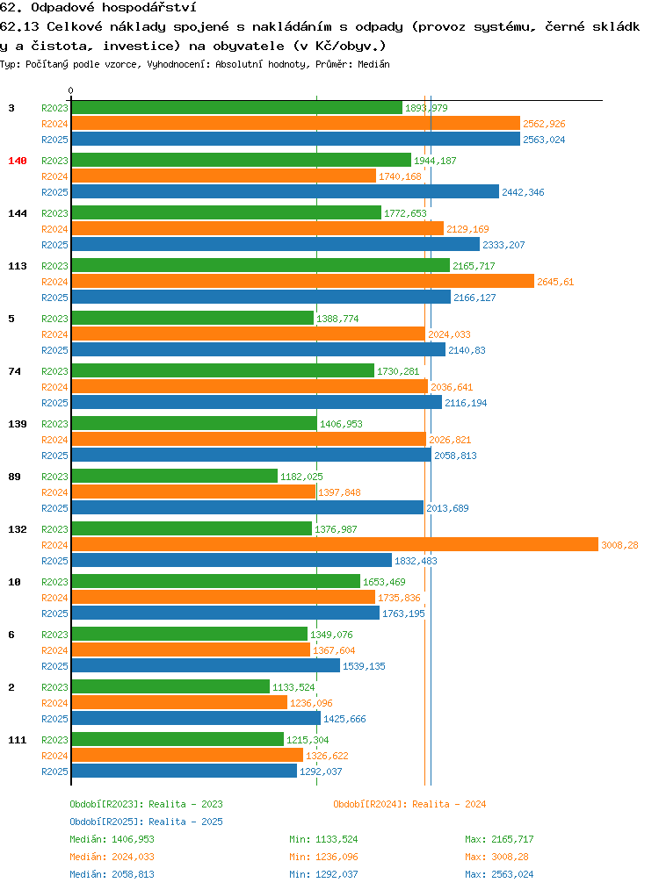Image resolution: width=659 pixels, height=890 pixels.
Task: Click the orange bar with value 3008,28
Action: coord(335,545)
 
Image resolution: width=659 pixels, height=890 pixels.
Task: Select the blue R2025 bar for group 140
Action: coord(286,192)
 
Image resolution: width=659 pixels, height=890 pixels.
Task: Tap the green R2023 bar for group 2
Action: coord(171,686)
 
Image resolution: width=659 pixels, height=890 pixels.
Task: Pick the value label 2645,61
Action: coord(555,282)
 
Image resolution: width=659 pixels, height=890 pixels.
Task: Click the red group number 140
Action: coord(17,161)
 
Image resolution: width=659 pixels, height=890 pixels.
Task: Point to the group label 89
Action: coord(14,477)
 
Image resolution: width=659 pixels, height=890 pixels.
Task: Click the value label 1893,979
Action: coord(426,108)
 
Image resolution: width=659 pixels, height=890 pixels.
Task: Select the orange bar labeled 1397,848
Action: coord(193,492)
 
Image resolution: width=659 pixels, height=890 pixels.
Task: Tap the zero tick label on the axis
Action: coord(70,90)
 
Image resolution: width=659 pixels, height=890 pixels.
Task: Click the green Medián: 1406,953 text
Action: coord(112,839)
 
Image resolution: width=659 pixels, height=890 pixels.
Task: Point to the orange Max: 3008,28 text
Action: coord(499,857)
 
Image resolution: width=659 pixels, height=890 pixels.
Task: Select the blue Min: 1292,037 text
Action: coord(323,874)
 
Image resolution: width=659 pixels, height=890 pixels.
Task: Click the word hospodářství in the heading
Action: coord(149,7)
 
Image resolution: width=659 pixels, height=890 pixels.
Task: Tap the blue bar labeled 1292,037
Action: coord(185,771)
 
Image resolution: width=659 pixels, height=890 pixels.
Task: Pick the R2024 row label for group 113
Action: coord(54,282)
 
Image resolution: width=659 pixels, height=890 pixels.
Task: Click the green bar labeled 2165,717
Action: coord(261,266)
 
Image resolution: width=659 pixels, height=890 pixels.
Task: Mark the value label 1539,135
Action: coord(364,666)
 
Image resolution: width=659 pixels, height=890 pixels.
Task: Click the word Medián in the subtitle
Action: coord(373,64)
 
